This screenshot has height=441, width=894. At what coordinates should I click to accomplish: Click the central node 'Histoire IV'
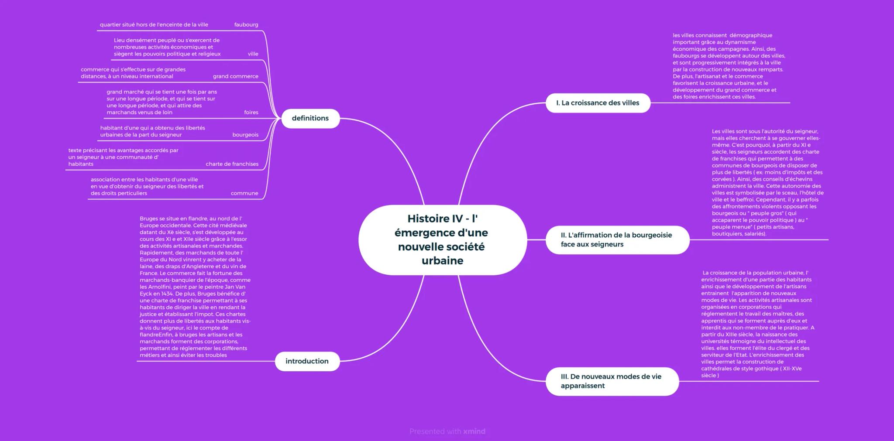[x=442, y=239]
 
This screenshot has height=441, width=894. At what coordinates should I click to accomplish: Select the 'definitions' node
[x=310, y=118]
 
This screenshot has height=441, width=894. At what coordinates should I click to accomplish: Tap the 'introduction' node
[x=307, y=361]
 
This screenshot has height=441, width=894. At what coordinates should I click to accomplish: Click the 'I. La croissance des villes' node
[x=598, y=103]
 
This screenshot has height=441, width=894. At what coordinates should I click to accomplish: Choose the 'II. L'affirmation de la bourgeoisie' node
[x=616, y=239]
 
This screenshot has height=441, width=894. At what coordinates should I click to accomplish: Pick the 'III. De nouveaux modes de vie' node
[x=611, y=381]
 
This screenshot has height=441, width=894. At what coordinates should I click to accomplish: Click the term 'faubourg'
[x=246, y=25]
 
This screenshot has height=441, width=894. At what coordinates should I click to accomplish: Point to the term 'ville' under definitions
[x=253, y=54]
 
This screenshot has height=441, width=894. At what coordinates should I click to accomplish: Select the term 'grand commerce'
[x=236, y=76]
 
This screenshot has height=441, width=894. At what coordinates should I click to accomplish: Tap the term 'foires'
[x=251, y=113]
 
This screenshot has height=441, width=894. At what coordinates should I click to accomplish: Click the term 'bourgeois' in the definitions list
[x=245, y=135]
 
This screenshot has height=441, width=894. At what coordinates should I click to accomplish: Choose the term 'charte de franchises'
[x=232, y=164]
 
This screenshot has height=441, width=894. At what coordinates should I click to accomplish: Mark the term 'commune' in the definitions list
[x=244, y=193]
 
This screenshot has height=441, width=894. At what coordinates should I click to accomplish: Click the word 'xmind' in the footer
[x=474, y=431]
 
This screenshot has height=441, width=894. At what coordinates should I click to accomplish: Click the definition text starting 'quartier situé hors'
[x=154, y=25]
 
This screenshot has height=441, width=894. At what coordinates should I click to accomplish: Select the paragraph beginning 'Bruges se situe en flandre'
[x=195, y=287]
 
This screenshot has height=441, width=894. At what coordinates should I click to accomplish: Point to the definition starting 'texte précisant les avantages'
[x=123, y=157]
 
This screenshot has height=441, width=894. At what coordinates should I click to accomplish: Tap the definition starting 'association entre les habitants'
[x=147, y=186]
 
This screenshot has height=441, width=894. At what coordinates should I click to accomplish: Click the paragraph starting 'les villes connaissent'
[x=729, y=66]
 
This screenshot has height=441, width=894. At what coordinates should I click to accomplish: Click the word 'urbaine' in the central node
[x=442, y=260]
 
